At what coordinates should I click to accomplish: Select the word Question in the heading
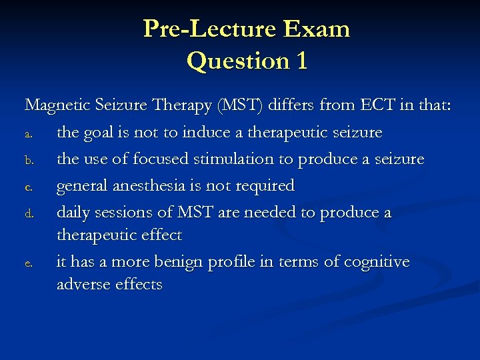click(x=231, y=61)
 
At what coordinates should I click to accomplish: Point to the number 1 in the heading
click(x=301, y=61)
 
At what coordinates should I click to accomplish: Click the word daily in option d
click(x=75, y=212)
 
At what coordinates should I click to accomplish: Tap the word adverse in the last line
click(x=81, y=285)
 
